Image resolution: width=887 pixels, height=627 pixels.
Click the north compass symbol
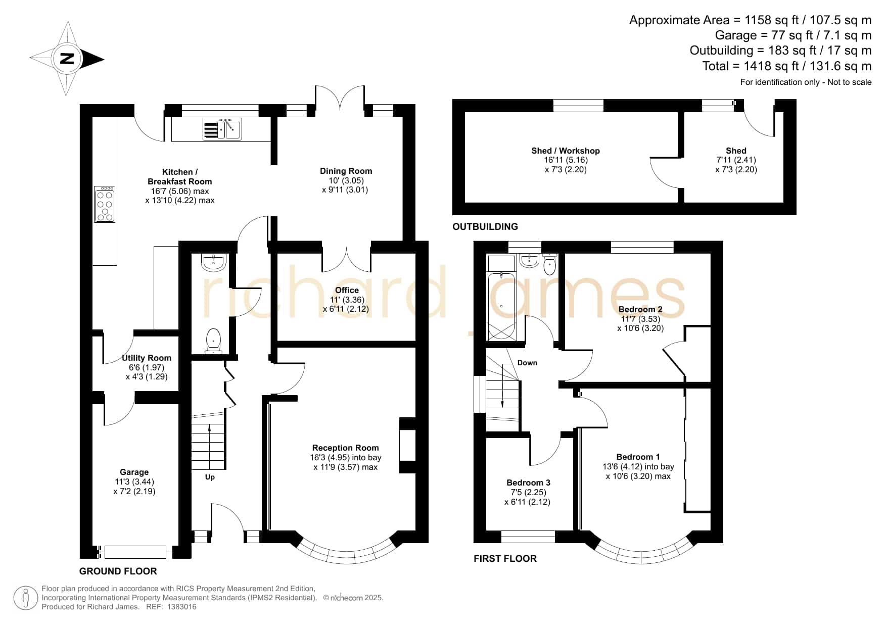(x=67, y=59)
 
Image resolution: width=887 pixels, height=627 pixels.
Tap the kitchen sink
(x=222, y=129)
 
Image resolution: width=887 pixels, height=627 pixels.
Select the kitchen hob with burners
(x=105, y=204)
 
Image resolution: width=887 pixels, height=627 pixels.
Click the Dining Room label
(x=346, y=171)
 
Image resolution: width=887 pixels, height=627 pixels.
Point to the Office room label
(x=347, y=290)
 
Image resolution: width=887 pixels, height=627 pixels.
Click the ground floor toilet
(x=213, y=341)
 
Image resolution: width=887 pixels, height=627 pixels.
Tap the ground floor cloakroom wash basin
(x=213, y=262)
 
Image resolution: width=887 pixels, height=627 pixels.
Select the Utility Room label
(x=147, y=358)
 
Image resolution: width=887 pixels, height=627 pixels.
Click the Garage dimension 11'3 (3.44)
(x=134, y=481)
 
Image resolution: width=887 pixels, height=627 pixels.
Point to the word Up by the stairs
(x=210, y=477)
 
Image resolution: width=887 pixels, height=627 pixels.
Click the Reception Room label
(x=345, y=448)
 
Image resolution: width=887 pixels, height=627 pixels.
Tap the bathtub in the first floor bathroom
(x=501, y=306)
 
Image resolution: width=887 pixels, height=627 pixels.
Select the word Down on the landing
(x=527, y=363)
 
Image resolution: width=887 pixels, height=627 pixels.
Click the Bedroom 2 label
(x=640, y=309)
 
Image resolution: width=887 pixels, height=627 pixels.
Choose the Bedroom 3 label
(x=528, y=483)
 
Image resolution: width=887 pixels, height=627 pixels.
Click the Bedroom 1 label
(x=638, y=457)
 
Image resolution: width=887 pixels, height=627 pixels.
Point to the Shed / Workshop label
(x=566, y=151)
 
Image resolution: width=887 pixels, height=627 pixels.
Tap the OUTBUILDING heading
(x=485, y=227)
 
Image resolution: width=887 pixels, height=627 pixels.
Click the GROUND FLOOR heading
(x=118, y=571)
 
